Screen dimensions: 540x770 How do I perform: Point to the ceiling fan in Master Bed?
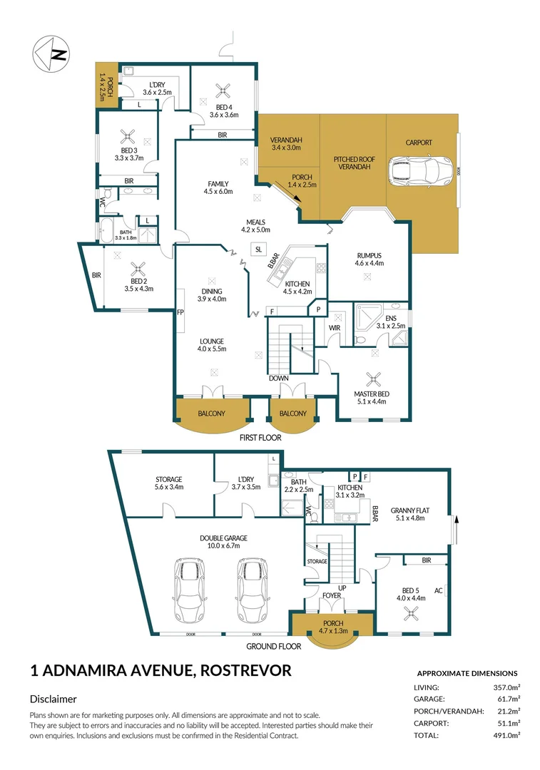click(370, 379)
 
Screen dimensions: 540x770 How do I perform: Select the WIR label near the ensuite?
click(334, 328)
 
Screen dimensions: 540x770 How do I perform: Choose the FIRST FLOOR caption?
click(260, 438)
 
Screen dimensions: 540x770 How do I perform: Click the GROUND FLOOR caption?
click(273, 647)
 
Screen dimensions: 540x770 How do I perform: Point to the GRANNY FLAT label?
click(409, 510)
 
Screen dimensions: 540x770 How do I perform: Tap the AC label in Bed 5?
click(440, 592)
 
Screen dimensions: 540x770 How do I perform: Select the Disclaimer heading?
click(54, 699)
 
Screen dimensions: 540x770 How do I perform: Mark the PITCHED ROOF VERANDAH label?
click(352, 163)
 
